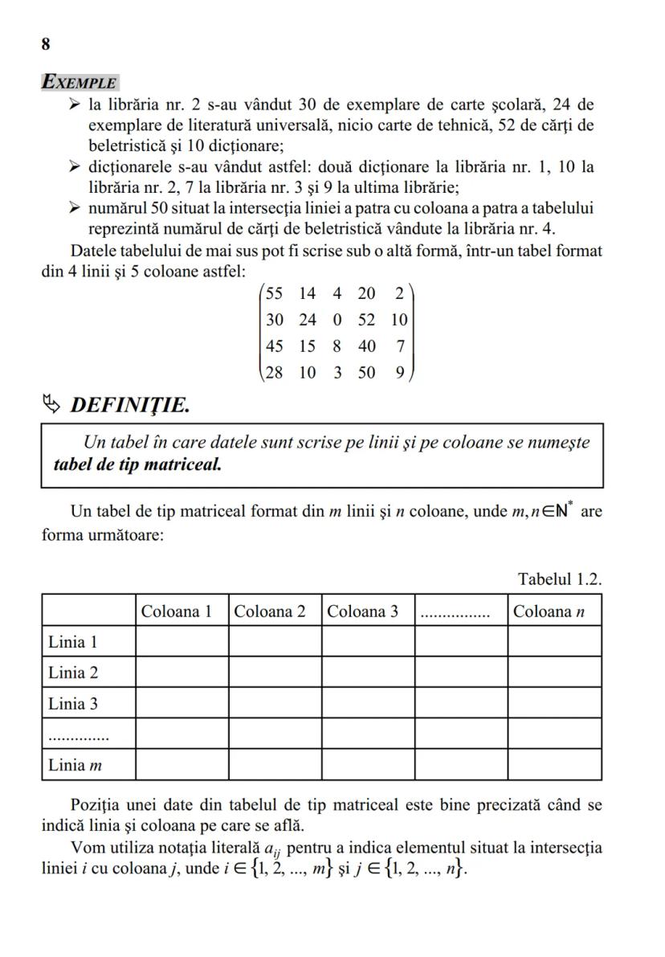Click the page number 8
tap(46, 44)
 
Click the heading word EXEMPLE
tap(80, 82)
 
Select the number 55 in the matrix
tap(275, 293)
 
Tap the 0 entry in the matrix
tap(337, 320)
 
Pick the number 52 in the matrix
tap(366, 320)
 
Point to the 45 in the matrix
tap(275, 346)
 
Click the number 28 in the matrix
tap(275, 373)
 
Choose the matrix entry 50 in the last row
tap(366, 373)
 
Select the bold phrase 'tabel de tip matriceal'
tap(137, 464)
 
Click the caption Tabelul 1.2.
tap(560, 579)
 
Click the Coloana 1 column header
tap(177, 611)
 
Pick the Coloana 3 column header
tap(362, 611)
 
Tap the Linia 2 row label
tap(72, 673)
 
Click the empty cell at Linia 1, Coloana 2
tap(275, 641)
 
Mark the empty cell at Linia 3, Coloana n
tap(554, 703)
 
